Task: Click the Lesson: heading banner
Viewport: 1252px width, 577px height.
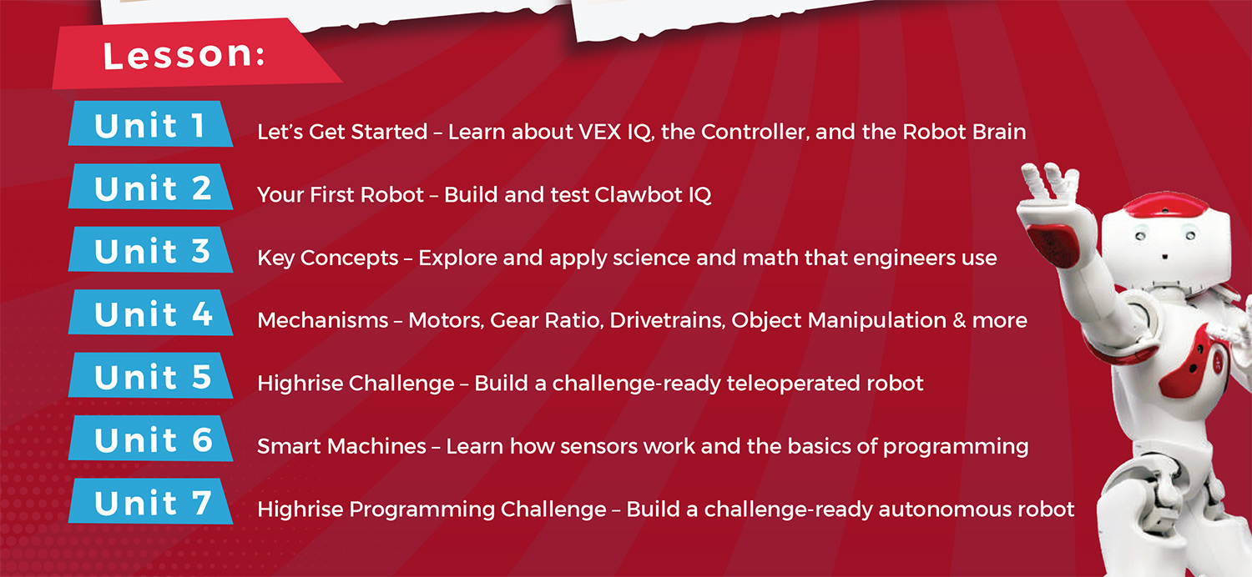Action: [195, 54]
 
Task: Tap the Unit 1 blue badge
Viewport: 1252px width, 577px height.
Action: [150, 124]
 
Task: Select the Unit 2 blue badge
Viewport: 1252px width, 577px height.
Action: [150, 187]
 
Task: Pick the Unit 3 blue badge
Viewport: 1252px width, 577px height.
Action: [150, 249]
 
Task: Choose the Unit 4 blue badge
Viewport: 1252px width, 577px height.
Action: [150, 313]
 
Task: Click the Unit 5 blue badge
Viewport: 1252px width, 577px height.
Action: [150, 375]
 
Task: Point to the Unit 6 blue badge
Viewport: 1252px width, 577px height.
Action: [150, 439]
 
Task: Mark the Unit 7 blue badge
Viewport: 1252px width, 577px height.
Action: [150, 502]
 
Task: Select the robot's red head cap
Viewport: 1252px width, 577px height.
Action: [1165, 204]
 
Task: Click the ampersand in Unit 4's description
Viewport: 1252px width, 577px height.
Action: [958, 321]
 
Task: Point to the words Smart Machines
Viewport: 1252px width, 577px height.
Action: [341, 446]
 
